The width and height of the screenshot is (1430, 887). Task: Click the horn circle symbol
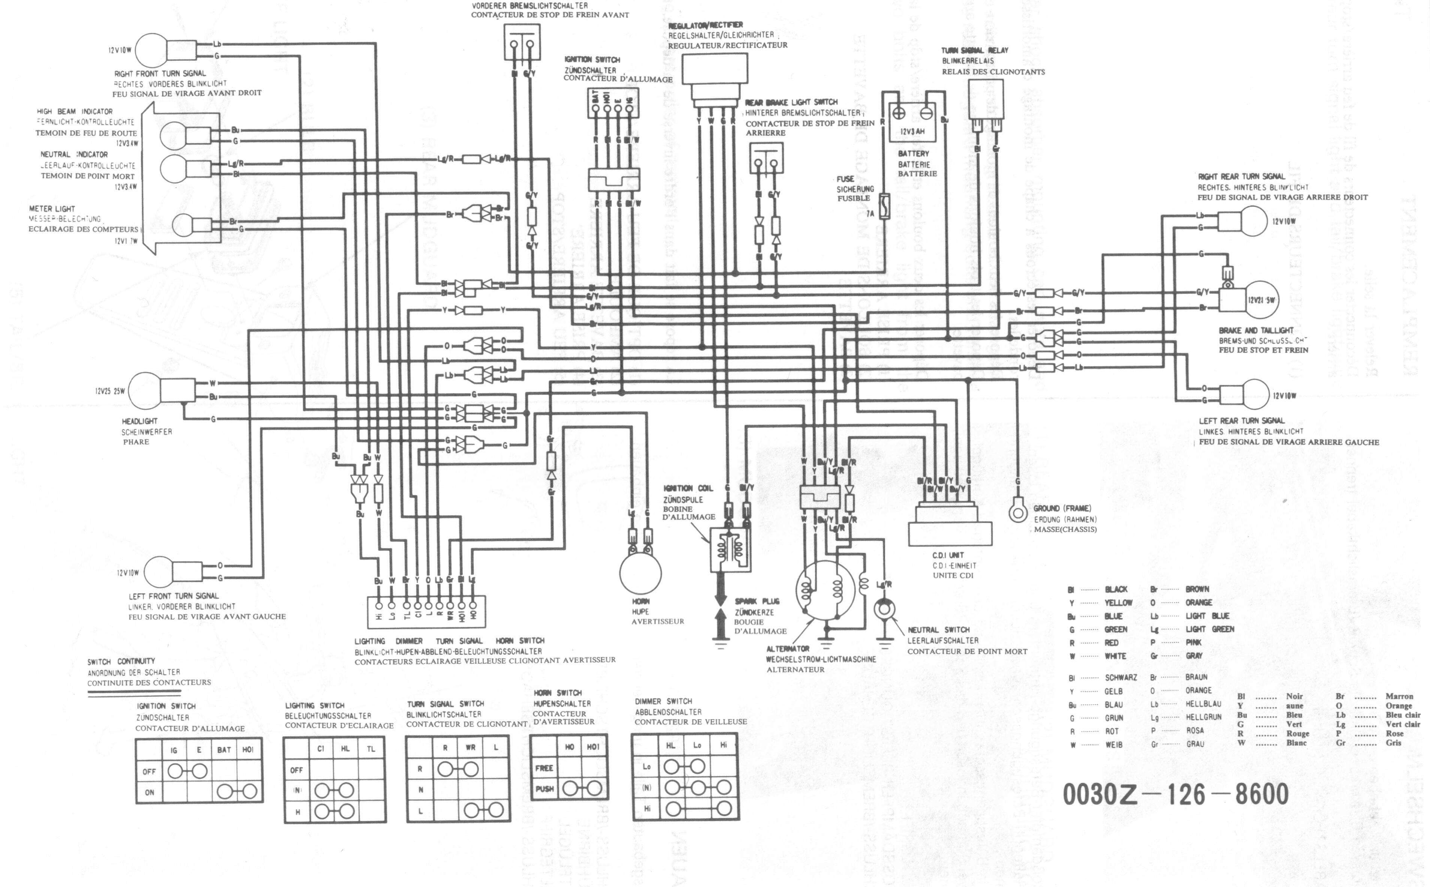click(x=640, y=573)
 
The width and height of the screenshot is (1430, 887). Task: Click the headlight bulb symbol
click(x=144, y=390)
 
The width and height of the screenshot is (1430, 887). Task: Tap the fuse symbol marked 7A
click(x=885, y=206)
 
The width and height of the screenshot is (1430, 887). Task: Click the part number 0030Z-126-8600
click(x=1175, y=794)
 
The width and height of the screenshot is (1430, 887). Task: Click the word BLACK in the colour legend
click(x=1116, y=589)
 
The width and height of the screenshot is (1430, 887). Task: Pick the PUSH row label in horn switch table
click(x=544, y=788)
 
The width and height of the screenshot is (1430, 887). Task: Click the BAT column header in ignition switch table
click(x=224, y=750)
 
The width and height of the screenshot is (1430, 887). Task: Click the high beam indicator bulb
click(x=173, y=136)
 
